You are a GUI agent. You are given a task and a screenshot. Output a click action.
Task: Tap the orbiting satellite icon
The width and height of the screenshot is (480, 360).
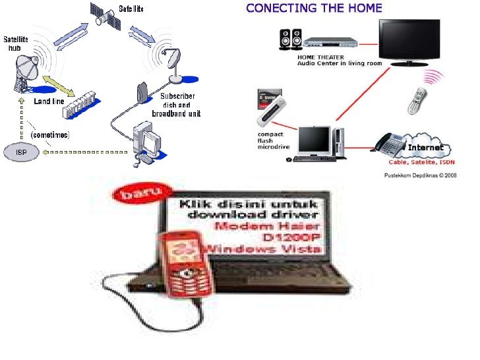(106, 18)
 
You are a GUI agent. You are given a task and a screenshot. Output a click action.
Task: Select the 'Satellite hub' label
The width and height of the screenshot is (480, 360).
(16, 44)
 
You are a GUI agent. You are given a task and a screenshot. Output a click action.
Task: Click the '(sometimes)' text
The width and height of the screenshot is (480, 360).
(51, 134)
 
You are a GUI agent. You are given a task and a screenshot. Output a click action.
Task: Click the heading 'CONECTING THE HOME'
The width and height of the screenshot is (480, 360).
(313, 9)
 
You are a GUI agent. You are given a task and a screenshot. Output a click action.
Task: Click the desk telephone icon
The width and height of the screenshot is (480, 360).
(394, 142)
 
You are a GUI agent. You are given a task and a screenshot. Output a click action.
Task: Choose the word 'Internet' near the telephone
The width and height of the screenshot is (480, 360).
(425, 148)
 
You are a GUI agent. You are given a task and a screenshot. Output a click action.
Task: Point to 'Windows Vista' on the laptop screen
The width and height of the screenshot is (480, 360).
(264, 248)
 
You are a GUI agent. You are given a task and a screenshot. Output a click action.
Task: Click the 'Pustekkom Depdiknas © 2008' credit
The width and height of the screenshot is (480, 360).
(419, 175)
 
